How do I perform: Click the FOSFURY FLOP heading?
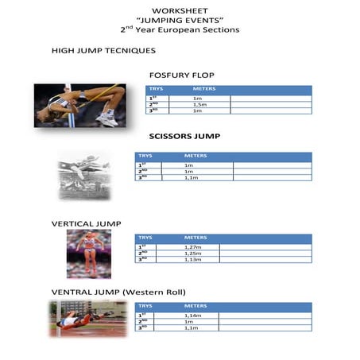181,75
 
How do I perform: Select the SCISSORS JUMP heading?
185,136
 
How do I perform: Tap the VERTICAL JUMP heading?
87,223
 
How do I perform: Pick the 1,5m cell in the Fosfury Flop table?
199,104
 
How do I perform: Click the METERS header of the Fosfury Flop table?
204,89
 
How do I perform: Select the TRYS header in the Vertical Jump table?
145,238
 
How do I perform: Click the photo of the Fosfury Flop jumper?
79,106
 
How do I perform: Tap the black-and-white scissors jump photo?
83,176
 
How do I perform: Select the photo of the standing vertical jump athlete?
88,254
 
